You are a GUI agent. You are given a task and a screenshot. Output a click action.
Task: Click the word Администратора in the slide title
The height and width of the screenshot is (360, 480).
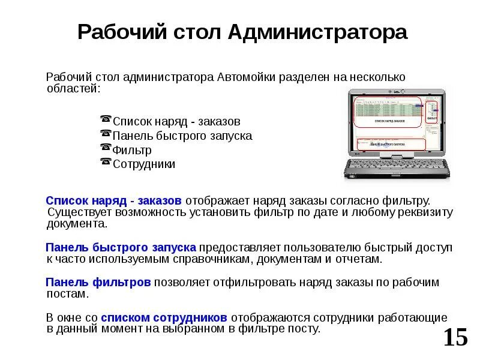click(x=317, y=32)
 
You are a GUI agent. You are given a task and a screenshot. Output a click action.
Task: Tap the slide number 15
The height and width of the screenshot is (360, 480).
click(x=455, y=338)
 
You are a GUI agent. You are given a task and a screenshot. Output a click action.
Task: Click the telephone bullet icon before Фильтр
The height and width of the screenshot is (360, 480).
click(x=106, y=148)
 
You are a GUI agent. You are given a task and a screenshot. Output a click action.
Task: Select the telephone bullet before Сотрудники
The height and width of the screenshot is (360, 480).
click(x=106, y=162)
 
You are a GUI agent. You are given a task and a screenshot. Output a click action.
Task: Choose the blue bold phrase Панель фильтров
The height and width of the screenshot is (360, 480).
click(x=98, y=282)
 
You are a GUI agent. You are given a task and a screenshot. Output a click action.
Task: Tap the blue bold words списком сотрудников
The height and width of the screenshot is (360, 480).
click(x=164, y=317)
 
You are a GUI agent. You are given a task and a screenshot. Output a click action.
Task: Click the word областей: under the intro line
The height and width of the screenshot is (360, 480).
click(x=74, y=89)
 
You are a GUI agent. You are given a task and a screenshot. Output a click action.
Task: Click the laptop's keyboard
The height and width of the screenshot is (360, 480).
click(x=397, y=167)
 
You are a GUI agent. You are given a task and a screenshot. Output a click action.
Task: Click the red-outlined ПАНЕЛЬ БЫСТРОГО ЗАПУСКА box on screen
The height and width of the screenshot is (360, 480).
click(x=391, y=144)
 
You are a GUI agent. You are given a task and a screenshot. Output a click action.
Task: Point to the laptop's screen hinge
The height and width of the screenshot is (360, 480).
click(x=397, y=154)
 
